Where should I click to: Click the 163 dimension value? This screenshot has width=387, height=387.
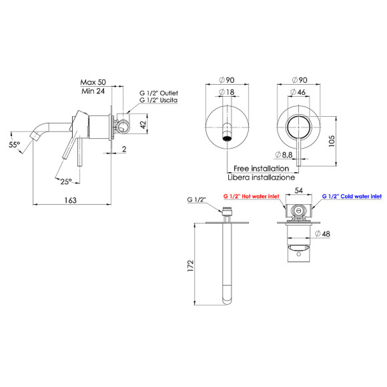[x=71, y=200]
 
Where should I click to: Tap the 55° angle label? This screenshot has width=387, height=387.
[x=14, y=144]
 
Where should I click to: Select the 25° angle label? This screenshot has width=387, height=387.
[x=66, y=181]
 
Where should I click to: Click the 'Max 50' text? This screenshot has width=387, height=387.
[x=93, y=82]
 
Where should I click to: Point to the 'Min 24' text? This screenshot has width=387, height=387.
[x=93, y=91]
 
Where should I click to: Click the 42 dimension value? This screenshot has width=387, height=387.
[x=143, y=124]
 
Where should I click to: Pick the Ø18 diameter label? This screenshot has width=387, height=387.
[x=227, y=92]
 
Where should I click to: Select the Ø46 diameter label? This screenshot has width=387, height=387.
[x=298, y=92]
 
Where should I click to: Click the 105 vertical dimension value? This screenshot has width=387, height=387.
[x=332, y=141]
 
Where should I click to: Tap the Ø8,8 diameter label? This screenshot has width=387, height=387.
[x=284, y=155]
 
